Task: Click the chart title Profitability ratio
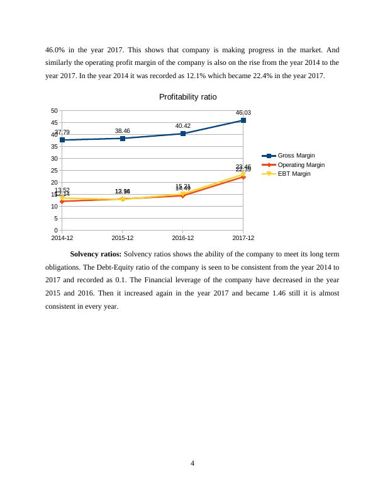[187, 97]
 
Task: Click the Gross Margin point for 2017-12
[243, 120]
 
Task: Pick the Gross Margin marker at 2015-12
[123, 138]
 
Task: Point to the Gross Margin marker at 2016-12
[183, 134]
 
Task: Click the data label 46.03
[243, 113]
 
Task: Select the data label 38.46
[123, 130]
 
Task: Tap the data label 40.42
[183, 126]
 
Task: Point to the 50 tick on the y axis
[55, 110]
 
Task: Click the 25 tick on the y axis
[55, 170]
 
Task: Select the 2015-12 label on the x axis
[123, 238]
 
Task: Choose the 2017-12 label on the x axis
[243, 238]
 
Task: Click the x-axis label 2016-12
[183, 238]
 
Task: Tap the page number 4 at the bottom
[192, 464]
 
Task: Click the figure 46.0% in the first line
[55, 49]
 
